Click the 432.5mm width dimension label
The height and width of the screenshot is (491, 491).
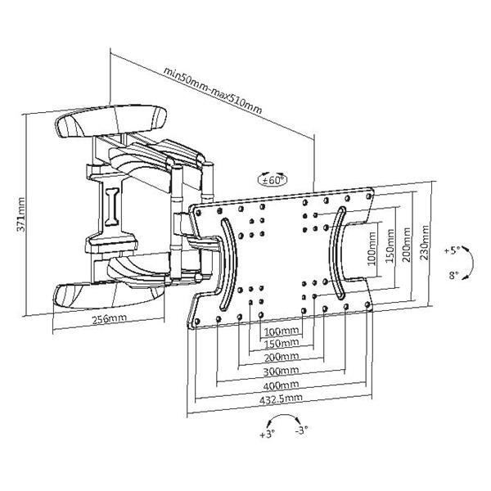tap(279, 398)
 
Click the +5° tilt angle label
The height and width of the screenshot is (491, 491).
tap(451, 251)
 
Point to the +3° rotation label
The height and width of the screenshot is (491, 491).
tap(266, 434)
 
